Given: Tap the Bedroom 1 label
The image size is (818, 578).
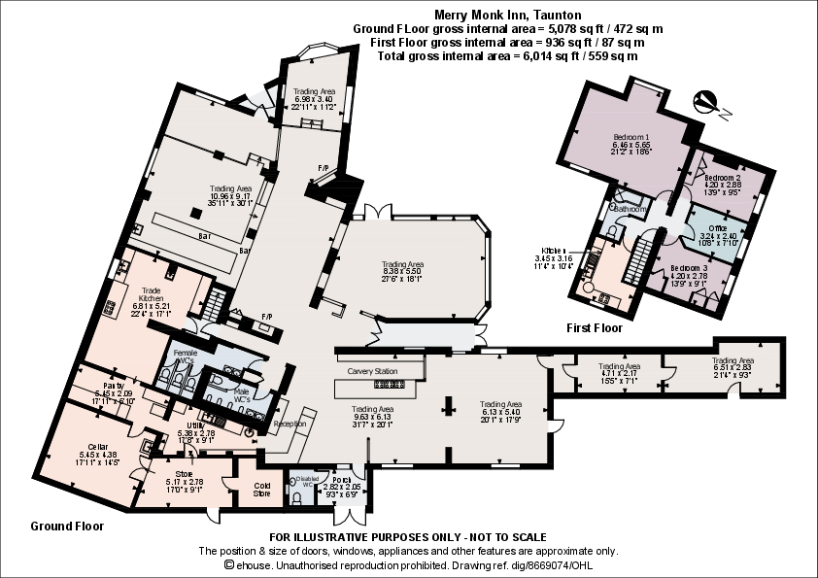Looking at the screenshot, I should (x=631, y=137).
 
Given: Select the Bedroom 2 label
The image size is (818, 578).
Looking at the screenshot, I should (x=723, y=178).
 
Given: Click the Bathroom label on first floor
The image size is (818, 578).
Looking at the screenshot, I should (x=630, y=209).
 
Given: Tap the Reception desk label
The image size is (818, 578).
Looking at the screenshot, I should (x=290, y=424).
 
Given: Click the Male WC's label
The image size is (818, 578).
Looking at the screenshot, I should (x=243, y=395).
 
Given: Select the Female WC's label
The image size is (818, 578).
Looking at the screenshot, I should (x=185, y=357).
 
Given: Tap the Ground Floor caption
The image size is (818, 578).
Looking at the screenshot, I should (x=67, y=526).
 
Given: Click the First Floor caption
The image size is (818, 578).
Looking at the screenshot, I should (x=595, y=328).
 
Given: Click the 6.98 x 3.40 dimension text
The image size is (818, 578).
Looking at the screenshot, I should (x=314, y=99).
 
